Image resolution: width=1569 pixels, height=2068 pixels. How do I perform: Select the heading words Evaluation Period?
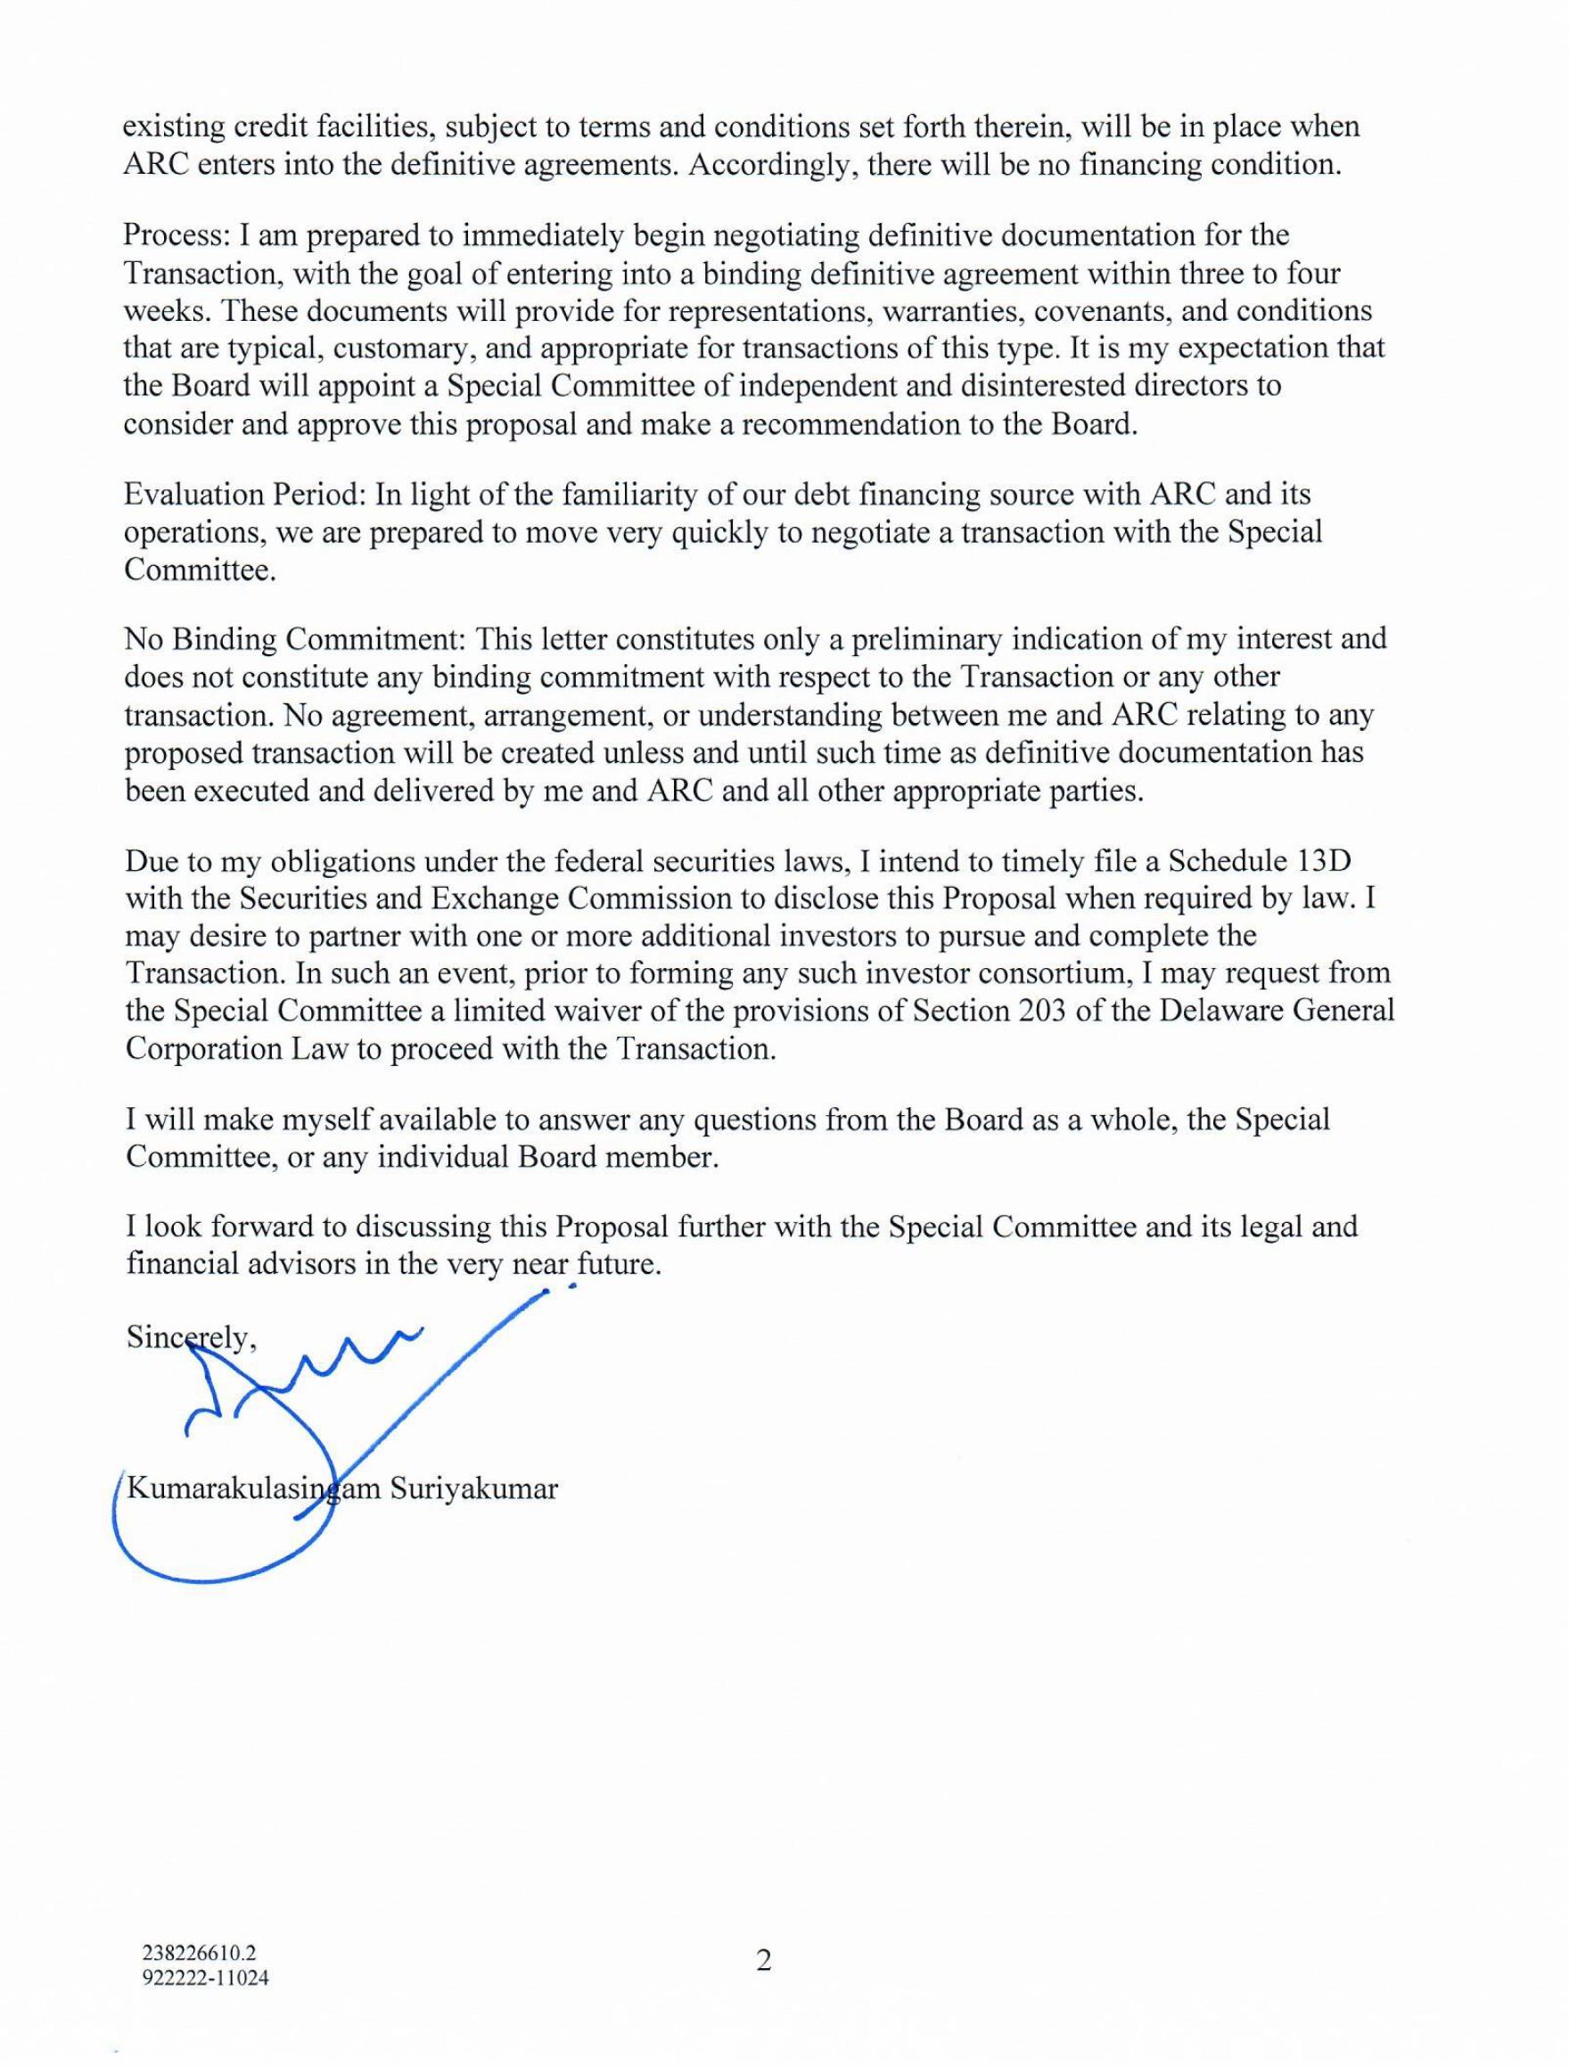coord(245,495)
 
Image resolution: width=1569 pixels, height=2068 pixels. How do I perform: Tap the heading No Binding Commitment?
coord(295,639)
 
